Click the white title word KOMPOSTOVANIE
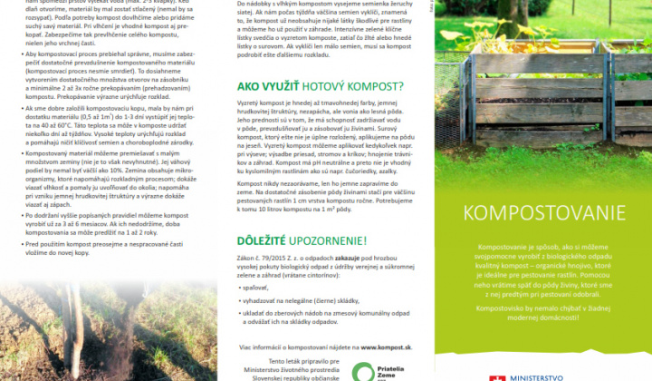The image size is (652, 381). click(532, 214)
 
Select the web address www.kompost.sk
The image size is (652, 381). click(388, 347)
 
